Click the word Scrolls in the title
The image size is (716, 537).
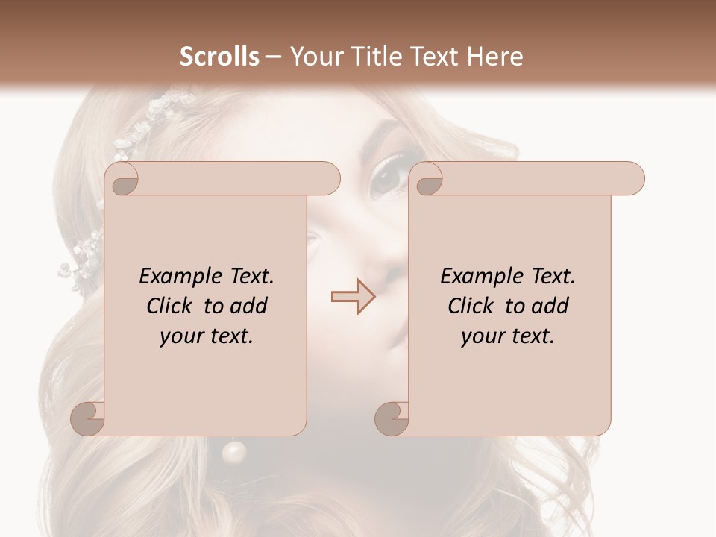coord(220,56)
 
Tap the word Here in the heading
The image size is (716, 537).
coord(495,56)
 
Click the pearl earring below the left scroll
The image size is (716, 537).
coord(234,451)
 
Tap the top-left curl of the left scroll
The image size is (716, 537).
coord(125,180)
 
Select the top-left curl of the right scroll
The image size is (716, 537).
coord(429,180)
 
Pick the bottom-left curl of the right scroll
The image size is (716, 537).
coord(392,418)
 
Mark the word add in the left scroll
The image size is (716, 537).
coord(250,306)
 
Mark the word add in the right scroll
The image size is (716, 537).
coord(551,306)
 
